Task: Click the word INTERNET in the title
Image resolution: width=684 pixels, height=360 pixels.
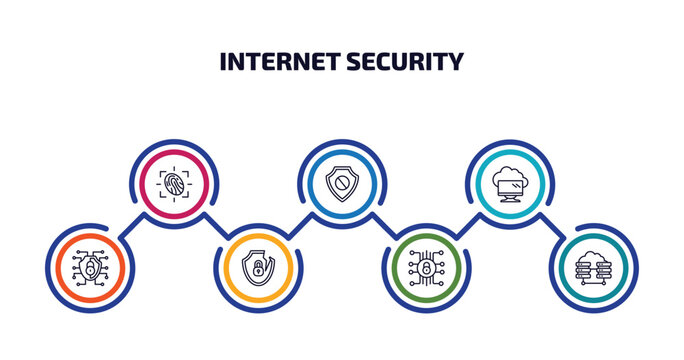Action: coord(280,62)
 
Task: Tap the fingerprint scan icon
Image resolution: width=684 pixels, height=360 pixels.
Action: coord(174,184)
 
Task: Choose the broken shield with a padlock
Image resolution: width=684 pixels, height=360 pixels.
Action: coord(258,268)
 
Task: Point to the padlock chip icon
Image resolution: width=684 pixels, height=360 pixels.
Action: coord(426,268)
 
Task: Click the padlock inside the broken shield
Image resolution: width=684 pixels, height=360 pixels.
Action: coord(257,269)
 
